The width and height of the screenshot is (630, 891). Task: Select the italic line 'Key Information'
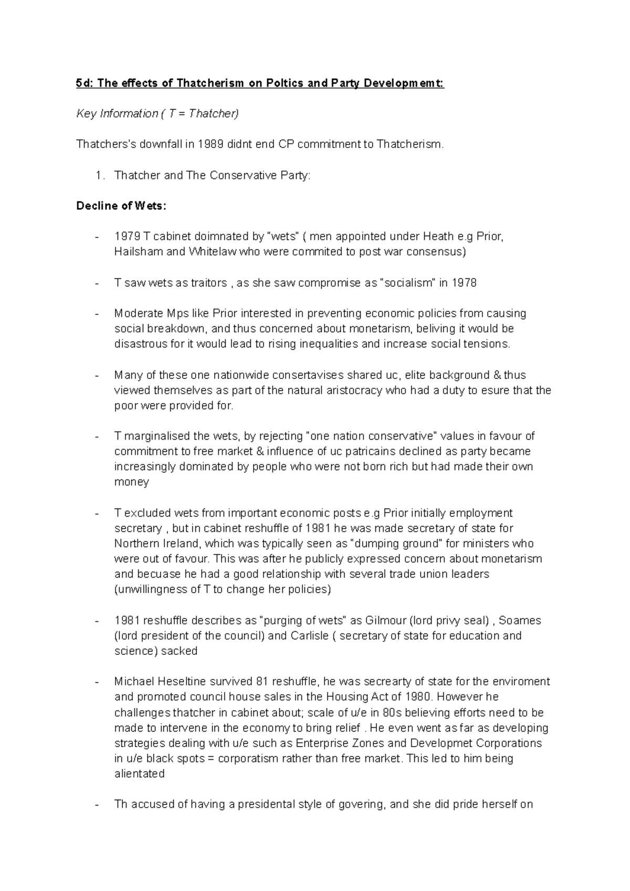pyautogui.click(x=156, y=113)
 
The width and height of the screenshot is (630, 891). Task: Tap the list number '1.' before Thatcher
pyautogui.click(x=101, y=175)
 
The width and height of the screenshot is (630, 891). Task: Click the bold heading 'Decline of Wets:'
pyautogui.click(x=121, y=206)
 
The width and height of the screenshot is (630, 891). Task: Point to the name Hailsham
pyautogui.click(x=139, y=252)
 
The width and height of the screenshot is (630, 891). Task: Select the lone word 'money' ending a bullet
pyautogui.click(x=131, y=482)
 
